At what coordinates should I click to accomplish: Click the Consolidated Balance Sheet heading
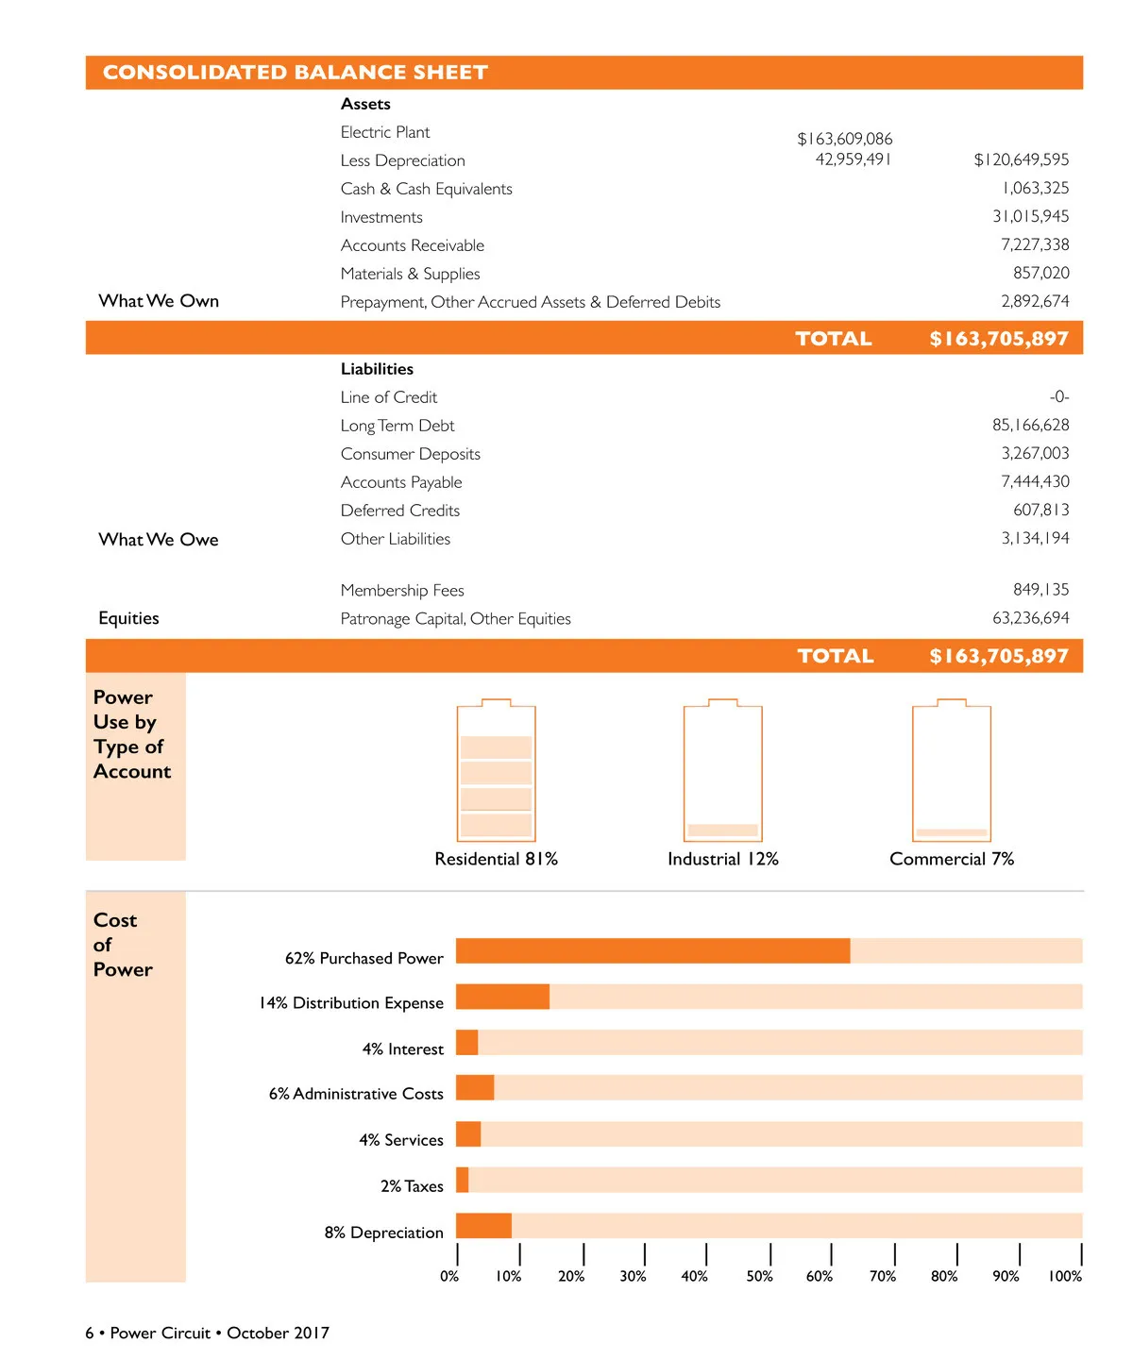tap(295, 73)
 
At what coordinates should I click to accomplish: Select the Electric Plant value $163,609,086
tap(844, 139)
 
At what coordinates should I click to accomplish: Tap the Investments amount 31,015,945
tap(1030, 216)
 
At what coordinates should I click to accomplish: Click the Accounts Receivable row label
tap(412, 245)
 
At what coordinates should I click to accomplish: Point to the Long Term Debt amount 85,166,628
tap(1030, 425)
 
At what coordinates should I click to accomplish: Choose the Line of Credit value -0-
tap(1058, 396)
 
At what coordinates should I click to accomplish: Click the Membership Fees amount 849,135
tap(1040, 589)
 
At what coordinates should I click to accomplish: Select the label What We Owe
tap(159, 539)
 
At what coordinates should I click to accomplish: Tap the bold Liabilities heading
tap(377, 369)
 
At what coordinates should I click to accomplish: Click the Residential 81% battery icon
tap(496, 771)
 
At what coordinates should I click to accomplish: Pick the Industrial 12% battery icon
tap(722, 771)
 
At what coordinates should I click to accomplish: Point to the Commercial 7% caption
tap(952, 859)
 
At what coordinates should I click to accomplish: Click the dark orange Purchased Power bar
tap(652, 950)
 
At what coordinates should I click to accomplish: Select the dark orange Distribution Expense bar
tap(502, 997)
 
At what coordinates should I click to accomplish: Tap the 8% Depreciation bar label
tap(383, 1233)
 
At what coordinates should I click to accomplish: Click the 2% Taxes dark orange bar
tap(462, 1180)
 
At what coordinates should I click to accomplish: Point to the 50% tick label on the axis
tap(759, 1276)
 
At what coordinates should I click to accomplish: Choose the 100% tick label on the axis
tap(1065, 1276)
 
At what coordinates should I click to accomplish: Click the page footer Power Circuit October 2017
tap(208, 1333)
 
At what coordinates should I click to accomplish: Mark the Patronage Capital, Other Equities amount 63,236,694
tap(1030, 618)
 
